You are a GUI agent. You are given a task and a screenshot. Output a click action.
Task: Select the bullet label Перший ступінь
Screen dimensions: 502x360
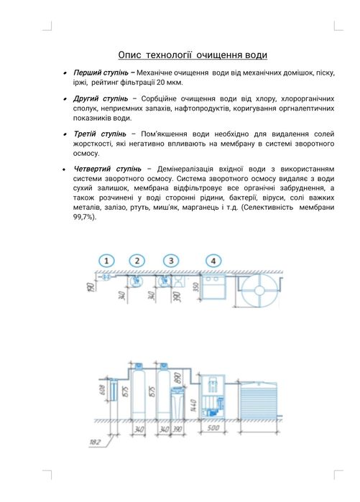point(101,73)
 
